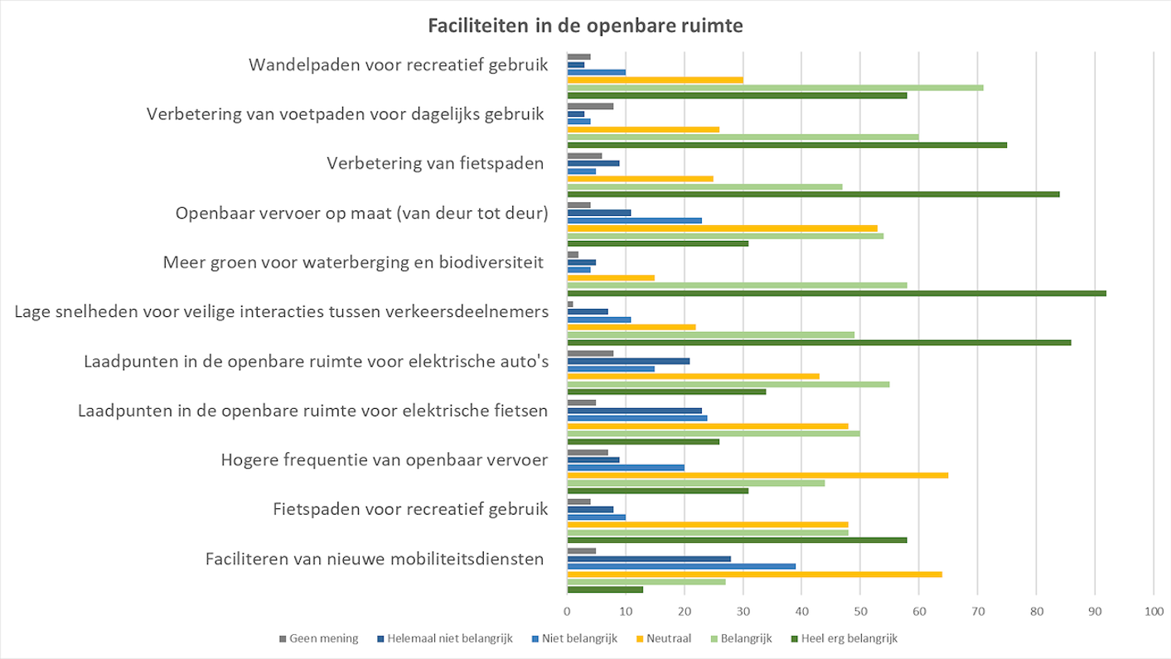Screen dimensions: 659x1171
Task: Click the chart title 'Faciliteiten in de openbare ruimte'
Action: click(585, 26)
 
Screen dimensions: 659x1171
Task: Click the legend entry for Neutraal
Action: click(670, 638)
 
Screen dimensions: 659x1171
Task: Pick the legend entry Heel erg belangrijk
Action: click(849, 638)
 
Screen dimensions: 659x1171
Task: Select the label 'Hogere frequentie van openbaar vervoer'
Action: click(385, 459)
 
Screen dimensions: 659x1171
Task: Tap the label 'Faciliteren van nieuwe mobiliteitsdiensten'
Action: click(375, 559)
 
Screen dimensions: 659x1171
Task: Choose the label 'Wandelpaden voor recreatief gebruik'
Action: click(399, 65)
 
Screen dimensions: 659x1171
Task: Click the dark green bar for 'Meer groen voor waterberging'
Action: click(836, 293)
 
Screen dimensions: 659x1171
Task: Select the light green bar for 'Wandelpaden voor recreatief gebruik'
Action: click(775, 88)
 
